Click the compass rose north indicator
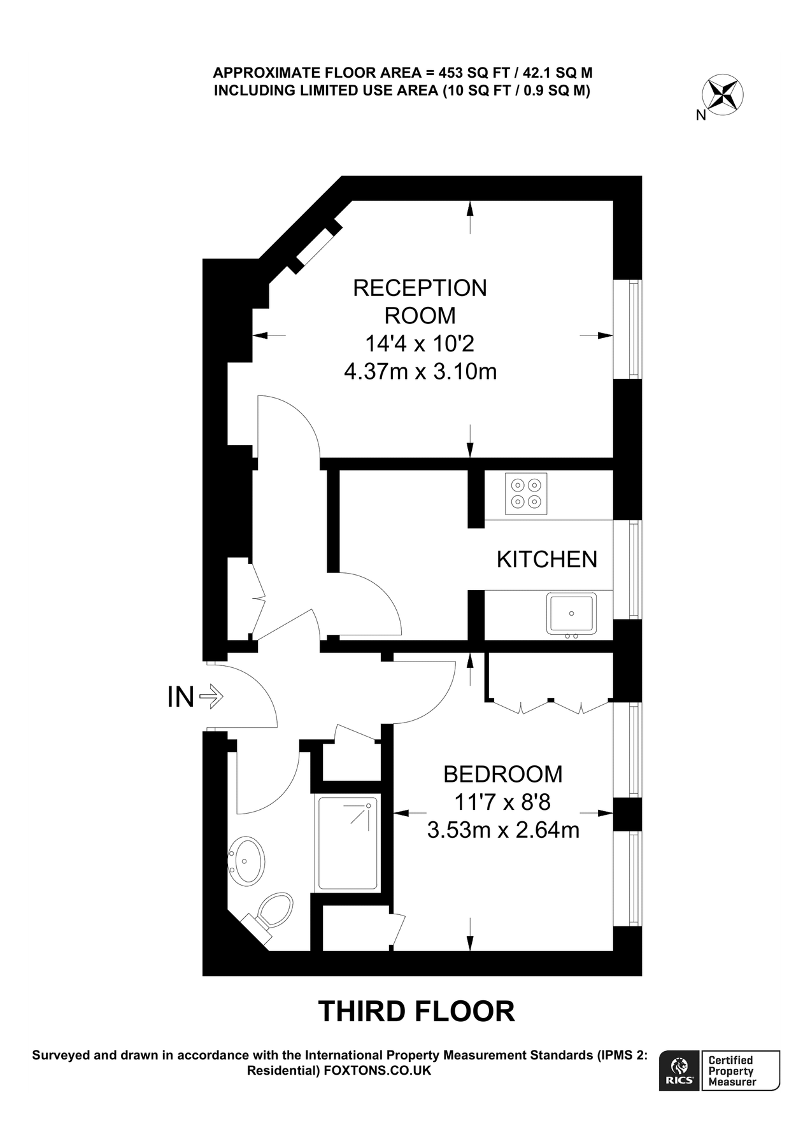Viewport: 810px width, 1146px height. pyautogui.click(x=723, y=95)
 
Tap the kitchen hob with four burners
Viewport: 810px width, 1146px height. pyautogui.click(x=526, y=493)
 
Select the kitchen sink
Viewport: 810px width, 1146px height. pyautogui.click(x=571, y=614)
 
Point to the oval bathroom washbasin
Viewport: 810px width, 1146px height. pyautogui.click(x=246, y=861)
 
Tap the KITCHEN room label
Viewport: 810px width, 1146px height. pyautogui.click(x=546, y=560)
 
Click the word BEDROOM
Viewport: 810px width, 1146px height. pyautogui.click(x=502, y=774)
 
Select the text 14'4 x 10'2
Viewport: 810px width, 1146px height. pyautogui.click(x=420, y=344)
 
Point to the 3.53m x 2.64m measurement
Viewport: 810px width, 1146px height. pyautogui.click(x=502, y=830)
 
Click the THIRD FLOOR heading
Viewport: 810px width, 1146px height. pyautogui.click(x=416, y=1011)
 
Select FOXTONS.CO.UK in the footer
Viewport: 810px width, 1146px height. pyautogui.click(x=378, y=1070)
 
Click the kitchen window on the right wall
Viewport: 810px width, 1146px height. pyautogui.click(x=634, y=569)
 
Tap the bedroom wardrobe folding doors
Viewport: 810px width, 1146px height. pyautogui.click(x=551, y=705)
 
